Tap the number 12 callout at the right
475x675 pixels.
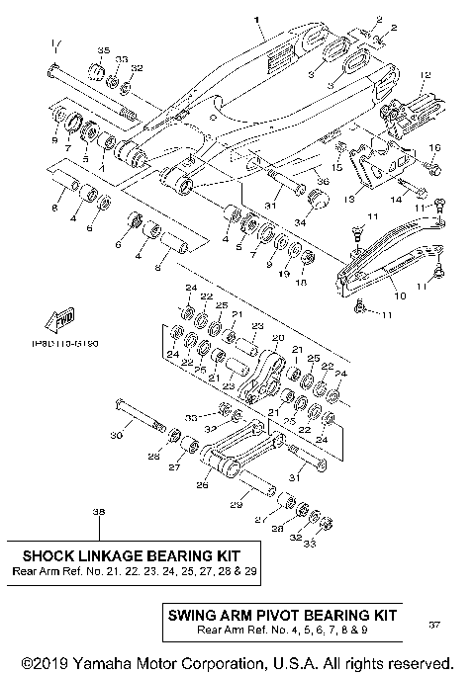[427, 75]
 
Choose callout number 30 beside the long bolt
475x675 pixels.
[116, 436]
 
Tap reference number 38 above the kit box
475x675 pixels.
[97, 512]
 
